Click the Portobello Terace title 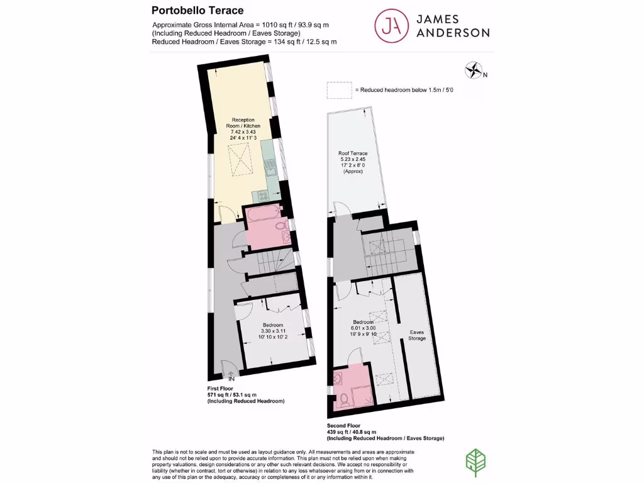point(197,10)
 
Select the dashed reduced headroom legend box point(339,90)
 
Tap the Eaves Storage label point(418,335)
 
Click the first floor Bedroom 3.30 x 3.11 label point(274,331)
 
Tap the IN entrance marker point(231,379)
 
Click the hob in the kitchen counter point(263,196)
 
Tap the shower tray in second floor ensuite point(363,397)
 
